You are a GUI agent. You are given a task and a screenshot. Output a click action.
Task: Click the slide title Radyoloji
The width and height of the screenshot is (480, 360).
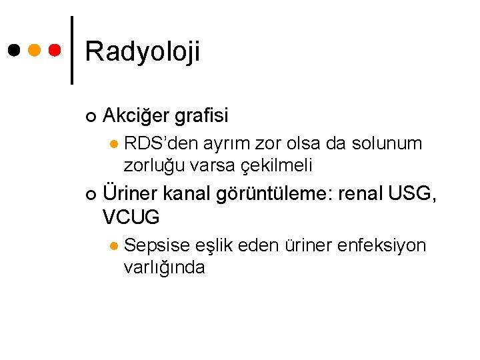(x=143, y=51)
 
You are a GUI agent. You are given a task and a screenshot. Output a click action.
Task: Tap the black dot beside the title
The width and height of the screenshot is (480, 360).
(x=13, y=49)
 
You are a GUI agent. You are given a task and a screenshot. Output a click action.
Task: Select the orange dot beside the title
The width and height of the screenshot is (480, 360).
(x=34, y=49)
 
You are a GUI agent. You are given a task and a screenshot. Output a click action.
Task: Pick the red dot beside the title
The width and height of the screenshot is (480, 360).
(x=55, y=49)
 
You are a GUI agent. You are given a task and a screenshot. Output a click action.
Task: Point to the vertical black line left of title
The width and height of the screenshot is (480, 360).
(x=72, y=49)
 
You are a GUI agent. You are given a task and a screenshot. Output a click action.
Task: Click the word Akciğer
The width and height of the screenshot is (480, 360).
(x=137, y=116)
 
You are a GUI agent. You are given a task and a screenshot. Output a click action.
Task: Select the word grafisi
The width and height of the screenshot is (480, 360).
(x=201, y=116)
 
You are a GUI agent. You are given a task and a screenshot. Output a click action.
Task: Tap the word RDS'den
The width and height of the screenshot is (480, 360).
(x=161, y=143)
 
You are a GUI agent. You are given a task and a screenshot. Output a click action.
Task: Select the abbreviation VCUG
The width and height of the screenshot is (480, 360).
(x=131, y=217)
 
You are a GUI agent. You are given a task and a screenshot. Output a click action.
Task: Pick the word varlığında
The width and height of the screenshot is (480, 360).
(x=164, y=267)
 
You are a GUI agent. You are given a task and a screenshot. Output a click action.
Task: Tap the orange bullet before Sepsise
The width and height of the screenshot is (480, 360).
(x=113, y=246)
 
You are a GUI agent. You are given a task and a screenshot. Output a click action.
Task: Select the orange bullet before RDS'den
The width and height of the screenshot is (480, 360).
(x=113, y=143)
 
